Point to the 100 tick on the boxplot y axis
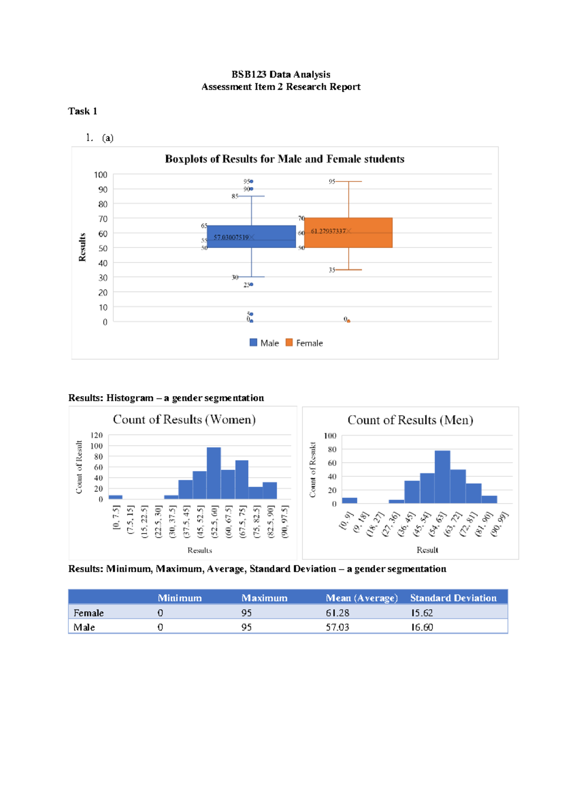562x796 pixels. coord(101,175)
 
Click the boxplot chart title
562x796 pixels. coord(284,159)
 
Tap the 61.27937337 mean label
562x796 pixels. coord(328,231)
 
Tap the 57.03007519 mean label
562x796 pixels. coord(231,237)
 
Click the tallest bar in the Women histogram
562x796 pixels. coord(214,473)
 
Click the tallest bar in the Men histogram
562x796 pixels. coord(442,476)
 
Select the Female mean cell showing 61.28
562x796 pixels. coord(338,613)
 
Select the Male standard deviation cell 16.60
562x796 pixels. coord(422,627)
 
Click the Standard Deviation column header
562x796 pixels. coord(453,598)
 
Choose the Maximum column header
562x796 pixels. coord(264,598)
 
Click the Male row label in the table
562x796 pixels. coord(84,627)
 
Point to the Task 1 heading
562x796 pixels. coord(82,111)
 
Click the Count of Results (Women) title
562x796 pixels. coord(184,419)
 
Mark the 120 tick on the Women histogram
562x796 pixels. coord(97,435)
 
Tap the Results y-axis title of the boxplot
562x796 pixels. coord(82,247)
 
